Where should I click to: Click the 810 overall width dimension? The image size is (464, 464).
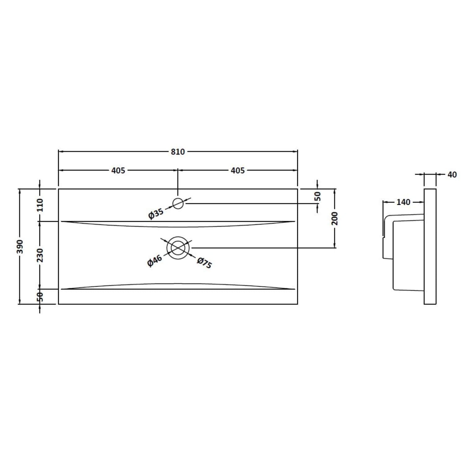[x=178, y=152]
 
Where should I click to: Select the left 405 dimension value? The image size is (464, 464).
[x=118, y=170]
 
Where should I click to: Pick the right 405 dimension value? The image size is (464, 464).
[x=238, y=170]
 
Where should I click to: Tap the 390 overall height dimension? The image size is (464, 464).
[x=20, y=246]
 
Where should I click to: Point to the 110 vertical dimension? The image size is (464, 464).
[x=40, y=205]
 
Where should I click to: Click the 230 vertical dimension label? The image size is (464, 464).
[x=40, y=255]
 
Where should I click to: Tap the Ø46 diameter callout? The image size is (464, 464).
[x=154, y=260]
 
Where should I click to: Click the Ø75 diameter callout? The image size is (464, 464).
[x=204, y=263]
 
